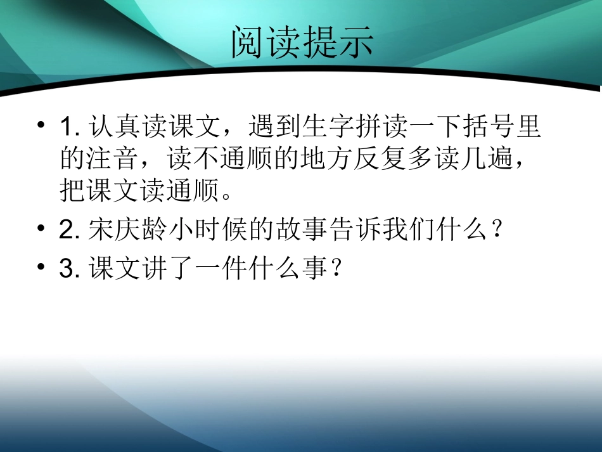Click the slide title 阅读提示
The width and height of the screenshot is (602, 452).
point(302,43)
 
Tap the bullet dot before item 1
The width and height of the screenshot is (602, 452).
point(41,124)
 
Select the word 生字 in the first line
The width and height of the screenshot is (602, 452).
point(326,127)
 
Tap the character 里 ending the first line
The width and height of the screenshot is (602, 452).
point(527,127)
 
